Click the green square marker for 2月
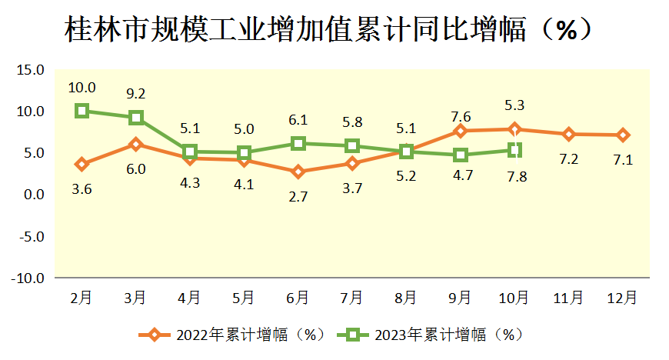82,111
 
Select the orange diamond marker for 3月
136,144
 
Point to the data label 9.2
136,94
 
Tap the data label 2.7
298,196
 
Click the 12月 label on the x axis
621,296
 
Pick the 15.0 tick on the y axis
30,70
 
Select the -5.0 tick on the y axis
28,236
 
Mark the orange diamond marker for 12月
622,135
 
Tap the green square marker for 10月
514,150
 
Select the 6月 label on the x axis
298,296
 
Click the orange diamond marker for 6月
298,172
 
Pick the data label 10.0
82,87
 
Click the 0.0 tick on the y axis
33,195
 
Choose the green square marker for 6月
298,143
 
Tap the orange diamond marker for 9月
460,131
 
